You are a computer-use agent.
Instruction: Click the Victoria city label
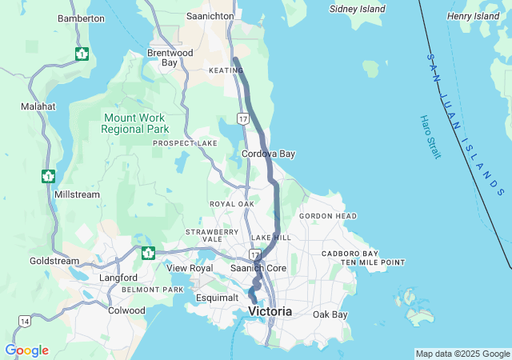[x=270, y=310]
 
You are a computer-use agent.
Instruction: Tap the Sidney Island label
[x=358, y=10]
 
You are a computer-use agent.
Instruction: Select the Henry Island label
[x=473, y=16]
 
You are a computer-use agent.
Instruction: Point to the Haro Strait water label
[x=429, y=136]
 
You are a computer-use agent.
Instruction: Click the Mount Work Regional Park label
[x=135, y=122]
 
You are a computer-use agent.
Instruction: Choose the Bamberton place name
[x=81, y=18]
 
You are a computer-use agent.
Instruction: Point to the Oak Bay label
[x=330, y=314]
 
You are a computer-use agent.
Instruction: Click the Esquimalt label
[x=218, y=298]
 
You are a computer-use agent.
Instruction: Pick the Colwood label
[x=126, y=310]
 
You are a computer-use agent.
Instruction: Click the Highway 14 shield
[x=25, y=321]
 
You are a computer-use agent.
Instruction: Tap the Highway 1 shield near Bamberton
[x=82, y=54]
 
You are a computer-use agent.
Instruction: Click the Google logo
[x=26, y=350]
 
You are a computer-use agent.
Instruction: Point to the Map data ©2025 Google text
[x=462, y=354]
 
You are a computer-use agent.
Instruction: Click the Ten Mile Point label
[x=372, y=262]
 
